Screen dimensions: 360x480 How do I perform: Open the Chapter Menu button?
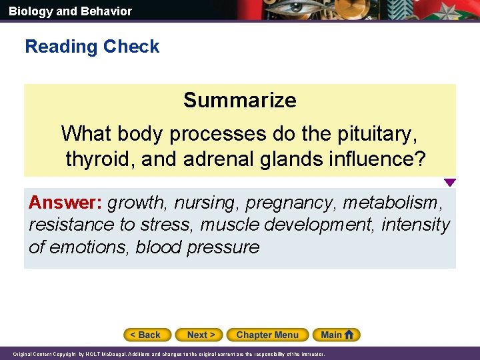pyautogui.click(x=267, y=335)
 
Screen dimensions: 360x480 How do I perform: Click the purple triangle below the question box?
pyautogui.click(x=450, y=183)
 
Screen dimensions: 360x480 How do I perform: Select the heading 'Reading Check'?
pyautogui.click(x=92, y=47)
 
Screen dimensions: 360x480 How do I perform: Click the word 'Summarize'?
pyautogui.click(x=240, y=100)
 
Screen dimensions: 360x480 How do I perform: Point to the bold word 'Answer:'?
pyautogui.click(x=65, y=202)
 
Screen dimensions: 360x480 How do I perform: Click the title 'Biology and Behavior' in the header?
pyautogui.click(x=70, y=11)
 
